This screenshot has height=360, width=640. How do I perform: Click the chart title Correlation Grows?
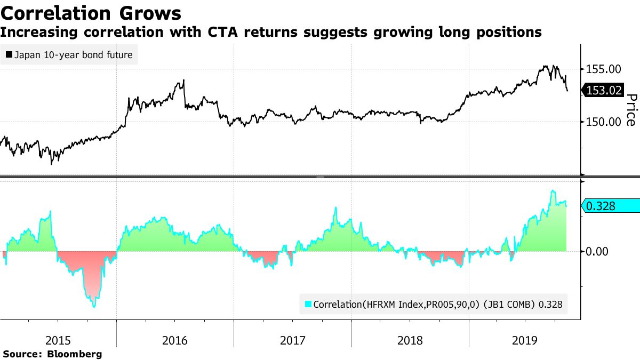click(x=91, y=12)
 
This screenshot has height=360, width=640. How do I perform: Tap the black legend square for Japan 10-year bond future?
click(x=9, y=54)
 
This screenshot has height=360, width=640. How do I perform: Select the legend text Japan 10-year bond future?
click(x=74, y=54)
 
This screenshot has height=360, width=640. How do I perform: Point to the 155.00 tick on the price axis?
click(x=604, y=69)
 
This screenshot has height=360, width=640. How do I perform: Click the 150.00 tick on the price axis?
click(x=604, y=122)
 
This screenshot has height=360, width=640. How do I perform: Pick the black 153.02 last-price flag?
click(x=603, y=91)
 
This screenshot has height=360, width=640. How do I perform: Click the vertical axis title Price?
click(x=631, y=110)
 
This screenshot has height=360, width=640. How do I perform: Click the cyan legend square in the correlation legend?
click(x=307, y=305)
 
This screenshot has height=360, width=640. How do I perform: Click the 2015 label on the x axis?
click(x=59, y=340)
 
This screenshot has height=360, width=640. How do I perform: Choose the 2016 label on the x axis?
click(x=175, y=340)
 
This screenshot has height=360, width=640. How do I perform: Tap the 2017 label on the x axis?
click(x=292, y=340)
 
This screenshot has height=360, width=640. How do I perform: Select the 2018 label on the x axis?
click(x=410, y=340)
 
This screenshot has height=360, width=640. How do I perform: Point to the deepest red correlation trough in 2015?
click(x=94, y=306)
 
